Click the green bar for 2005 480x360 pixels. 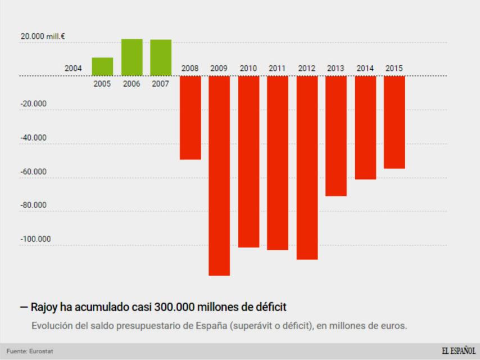point(102,66)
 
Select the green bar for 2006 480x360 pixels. point(132,57)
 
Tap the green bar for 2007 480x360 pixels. point(161,57)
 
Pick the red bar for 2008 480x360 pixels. point(190,118)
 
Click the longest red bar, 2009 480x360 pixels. point(219,175)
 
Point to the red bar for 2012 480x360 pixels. point(307,168)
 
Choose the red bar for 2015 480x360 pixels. point(394,122)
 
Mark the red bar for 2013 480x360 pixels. point(336,136)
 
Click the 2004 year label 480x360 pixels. point(73,69)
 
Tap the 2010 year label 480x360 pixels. point(248,69)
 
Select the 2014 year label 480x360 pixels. point(365,69)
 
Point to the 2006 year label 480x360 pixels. point(132,84)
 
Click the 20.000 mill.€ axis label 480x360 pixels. point(43,37)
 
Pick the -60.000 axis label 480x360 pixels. point(33,172)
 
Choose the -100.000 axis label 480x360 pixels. point(35,239)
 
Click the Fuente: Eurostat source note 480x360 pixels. point(30,352)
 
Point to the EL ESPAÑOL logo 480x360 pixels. point(458,351)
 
